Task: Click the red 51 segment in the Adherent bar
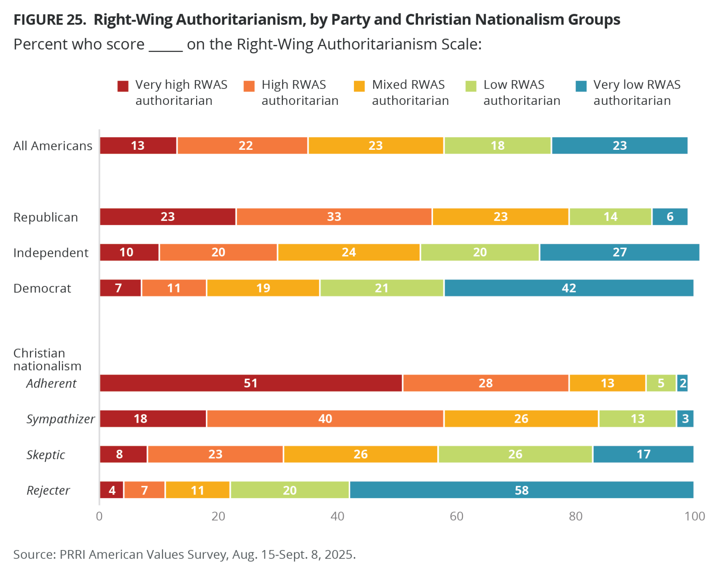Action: (251, 383)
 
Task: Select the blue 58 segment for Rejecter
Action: (521, 490)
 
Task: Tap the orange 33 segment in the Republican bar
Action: (334, 217)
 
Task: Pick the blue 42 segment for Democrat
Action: (569, 288)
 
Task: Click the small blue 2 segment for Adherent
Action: (682, 383)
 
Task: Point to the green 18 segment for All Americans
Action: (498, 146)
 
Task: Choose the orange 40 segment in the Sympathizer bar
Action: (325, 418)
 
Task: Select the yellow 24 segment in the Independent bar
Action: (349, 252)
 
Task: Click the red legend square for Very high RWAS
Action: (123, 86)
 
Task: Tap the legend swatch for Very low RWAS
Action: (581, 86)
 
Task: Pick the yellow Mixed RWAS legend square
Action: (359, 86)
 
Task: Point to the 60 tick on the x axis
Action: (456, 516)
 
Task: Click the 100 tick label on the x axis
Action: (695, 516)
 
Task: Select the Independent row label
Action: (51, 253)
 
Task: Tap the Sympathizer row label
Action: (60, 419)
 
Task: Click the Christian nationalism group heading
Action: (47, 359)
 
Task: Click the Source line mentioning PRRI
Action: (184, 554)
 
